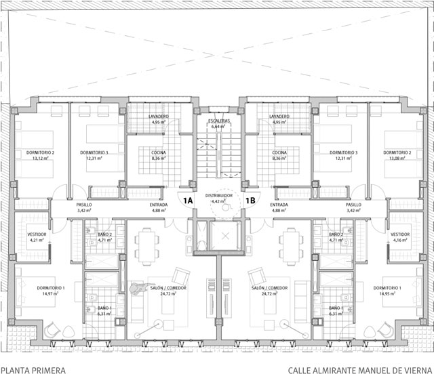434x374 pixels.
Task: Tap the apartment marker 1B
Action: coord(250,200)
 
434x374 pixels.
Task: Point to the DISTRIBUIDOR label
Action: coord(218,195)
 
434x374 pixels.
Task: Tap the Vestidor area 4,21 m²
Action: coord(37,240)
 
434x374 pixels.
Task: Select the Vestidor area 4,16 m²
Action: coord(399,240)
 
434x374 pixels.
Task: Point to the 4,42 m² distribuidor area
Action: coord(218,201)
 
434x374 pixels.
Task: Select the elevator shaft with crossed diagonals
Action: coord(221,236)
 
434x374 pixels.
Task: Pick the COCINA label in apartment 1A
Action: coord(159,153)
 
